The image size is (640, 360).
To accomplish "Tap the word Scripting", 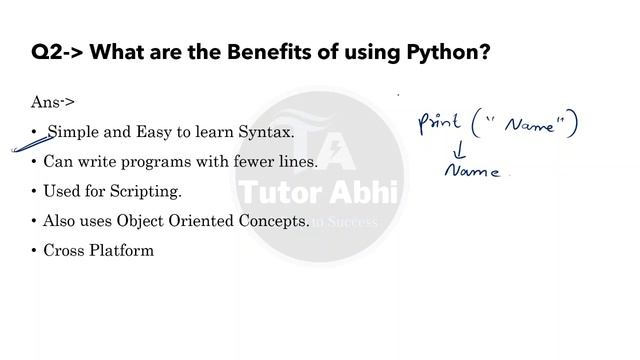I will [150, 191].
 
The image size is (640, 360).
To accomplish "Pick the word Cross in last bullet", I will [64, 250].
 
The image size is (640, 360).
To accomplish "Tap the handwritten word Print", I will [439, 124].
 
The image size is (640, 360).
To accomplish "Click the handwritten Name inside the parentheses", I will [528, 127].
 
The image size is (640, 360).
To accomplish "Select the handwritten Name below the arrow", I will [472, 171].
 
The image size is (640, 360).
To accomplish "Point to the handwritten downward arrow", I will [461, 150].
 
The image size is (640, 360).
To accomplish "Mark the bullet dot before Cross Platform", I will [34, 250].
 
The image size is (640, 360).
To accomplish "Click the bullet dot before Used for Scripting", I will [34, 191].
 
